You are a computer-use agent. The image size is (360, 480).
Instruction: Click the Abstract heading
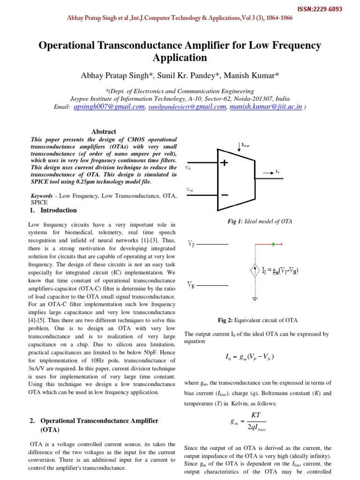click(104, 132)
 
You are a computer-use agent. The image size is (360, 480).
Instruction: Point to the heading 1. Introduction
click(53, 210)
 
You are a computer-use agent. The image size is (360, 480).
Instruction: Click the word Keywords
click(42, 195)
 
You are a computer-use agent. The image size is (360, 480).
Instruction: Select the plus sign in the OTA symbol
click(224, 163)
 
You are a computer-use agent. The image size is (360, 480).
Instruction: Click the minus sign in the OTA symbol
click(224, 194)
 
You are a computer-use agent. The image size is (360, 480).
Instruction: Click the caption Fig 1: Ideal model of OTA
click(260, 221)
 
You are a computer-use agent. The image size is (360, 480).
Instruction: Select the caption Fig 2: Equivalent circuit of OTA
click(258, 321)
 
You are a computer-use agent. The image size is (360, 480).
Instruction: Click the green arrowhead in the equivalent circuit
click(273, 244)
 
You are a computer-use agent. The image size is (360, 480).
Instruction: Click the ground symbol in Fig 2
click(255, 298)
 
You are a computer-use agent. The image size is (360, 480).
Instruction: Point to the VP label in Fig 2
click(192, 244)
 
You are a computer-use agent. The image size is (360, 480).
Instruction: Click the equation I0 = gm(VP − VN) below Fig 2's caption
click(249, 358)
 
